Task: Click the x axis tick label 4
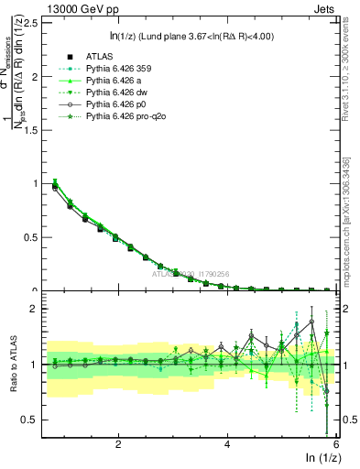pyautogui.click(x=227, y=444)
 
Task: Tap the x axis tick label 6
pyautogui.click(x=336, y=444)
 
